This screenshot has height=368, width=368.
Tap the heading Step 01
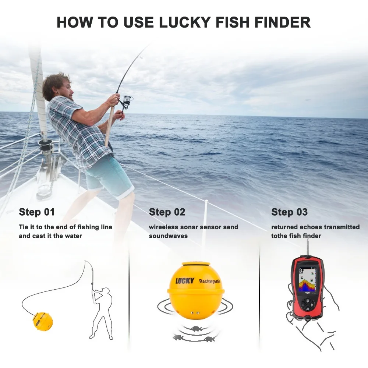point(37,212)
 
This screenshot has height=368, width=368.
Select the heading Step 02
point(167,212)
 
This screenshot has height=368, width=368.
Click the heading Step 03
point(289,212)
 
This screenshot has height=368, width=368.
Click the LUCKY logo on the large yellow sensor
point(184,281)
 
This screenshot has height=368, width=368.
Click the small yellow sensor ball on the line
point(42,321)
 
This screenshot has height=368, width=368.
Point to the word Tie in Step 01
point(24,227)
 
